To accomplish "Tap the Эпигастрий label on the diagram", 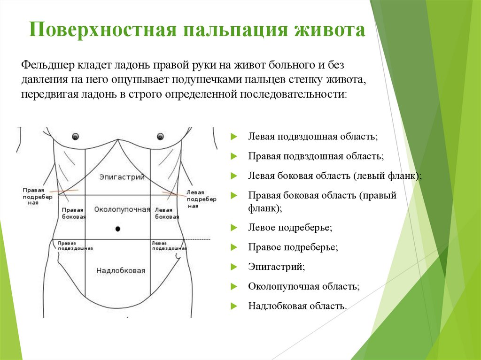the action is tap(122, 177).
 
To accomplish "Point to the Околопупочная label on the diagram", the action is tap(122, 209).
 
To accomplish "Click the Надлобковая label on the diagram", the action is tap(121, 270).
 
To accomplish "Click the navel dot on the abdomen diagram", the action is tap(118, 228).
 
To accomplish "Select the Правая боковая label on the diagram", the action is tap(73, 213).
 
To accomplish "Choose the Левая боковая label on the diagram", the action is tap(167, 213).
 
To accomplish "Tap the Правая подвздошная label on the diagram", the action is tap(75, 245).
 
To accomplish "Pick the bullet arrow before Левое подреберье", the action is tap(233, 228).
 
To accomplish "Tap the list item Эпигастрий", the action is tap(276, 267).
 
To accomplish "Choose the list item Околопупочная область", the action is tap(304, 286).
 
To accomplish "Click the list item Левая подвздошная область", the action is tap(313, 137).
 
